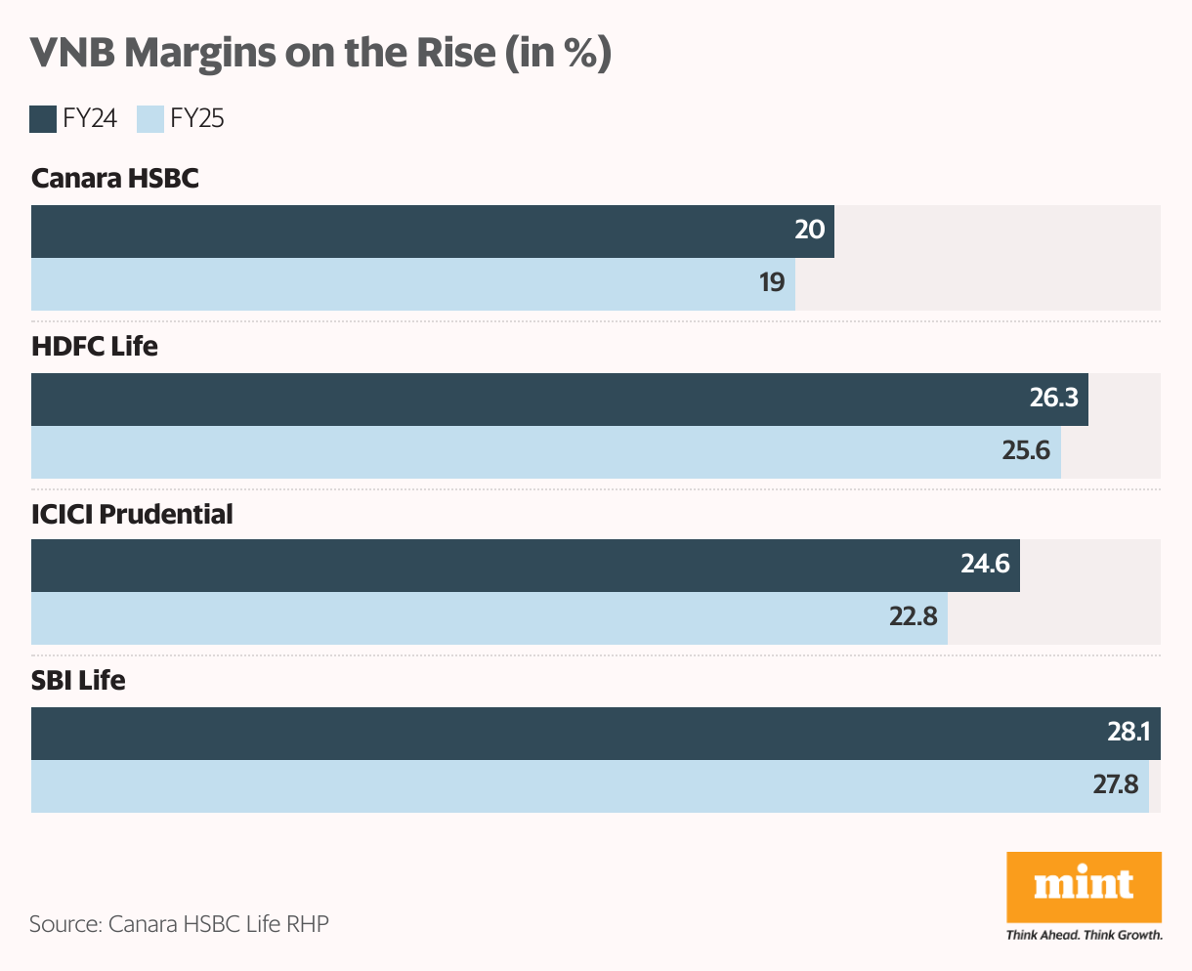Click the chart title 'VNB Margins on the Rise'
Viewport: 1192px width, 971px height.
(320, 53)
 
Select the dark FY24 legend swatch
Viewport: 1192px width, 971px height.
(43, 119)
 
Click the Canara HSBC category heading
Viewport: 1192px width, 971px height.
(115, 179)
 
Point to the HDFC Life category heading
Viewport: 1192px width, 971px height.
(95, 347)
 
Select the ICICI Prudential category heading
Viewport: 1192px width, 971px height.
(132, 514)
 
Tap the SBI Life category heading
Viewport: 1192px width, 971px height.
(78, 681)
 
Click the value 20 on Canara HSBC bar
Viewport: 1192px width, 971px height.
(809, 231)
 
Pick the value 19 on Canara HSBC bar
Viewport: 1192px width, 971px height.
(771, 283)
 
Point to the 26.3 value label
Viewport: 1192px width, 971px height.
(1053, 399)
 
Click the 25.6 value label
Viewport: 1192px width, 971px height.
(1026, 451)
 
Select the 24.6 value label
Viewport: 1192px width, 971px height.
(985, 565)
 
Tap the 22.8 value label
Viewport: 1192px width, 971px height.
(913, 617)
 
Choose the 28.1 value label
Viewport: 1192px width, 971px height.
(1128, 733)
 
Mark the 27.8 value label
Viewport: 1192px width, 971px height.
(1116, 785)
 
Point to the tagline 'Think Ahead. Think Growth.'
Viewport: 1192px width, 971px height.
(1084, 935)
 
